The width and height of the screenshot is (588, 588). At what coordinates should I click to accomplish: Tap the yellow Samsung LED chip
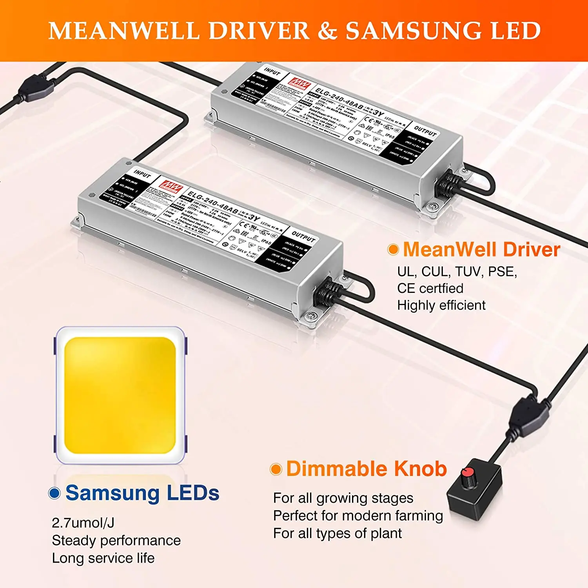coord(120,395)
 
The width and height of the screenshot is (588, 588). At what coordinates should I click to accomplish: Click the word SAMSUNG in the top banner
coord(413,31)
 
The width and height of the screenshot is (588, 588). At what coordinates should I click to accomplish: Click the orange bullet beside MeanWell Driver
coord(393,250)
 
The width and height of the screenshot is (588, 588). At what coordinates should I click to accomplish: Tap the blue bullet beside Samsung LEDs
coord(54,493)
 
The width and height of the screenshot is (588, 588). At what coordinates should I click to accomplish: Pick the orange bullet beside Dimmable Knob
coord(276,469)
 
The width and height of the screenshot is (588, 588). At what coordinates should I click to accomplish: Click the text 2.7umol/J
coord(83,523)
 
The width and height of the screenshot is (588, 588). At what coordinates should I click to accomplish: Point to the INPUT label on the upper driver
coord(272,72)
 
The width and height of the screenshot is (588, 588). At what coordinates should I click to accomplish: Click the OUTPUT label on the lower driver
coord(303,237)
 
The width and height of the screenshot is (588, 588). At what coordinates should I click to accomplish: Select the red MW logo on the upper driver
coord(299,83)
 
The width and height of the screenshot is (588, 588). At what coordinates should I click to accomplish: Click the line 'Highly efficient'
coord(441,305)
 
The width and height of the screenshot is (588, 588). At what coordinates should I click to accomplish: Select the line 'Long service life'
coord(103,558)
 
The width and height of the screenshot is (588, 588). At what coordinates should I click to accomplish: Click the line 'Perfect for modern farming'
coord(358,516)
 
